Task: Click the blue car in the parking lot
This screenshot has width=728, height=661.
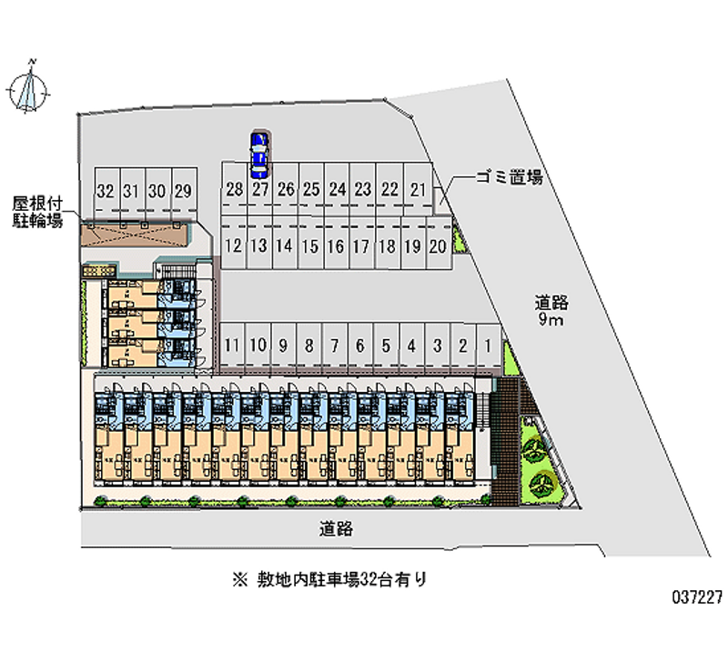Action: tap(259, 154)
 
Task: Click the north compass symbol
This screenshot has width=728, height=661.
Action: tap(31, 86)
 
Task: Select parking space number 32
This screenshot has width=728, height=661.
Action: tap(105, 192)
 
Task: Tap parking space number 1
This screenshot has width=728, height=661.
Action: tap(489, 346)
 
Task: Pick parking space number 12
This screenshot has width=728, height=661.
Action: tap(234, 245)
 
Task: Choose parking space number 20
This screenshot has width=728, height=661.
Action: tap(437, 245)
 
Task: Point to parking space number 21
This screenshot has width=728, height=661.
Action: tap(419, 190)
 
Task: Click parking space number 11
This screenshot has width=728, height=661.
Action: tap(233, 346)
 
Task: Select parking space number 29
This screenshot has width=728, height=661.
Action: tap(183, 192)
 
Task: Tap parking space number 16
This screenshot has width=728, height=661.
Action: tap(336, 245)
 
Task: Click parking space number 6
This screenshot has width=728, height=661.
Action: tap(360, 346)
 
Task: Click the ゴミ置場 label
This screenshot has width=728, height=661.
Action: tap(510, 178)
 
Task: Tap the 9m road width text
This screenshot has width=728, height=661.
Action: tap(551, 320)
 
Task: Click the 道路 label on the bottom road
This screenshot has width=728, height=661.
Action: tap(336, 526)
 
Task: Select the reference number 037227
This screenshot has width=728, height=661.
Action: tap(697, 598)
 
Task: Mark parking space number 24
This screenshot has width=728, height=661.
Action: tap(338, 190)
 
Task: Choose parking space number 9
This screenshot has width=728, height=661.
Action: tap(284, 346)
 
